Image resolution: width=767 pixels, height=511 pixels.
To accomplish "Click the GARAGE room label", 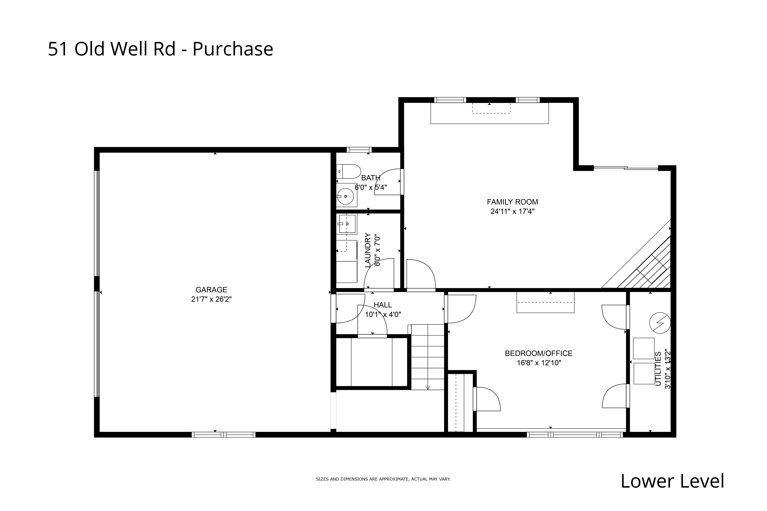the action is pyautogui.click(x=211, y=289).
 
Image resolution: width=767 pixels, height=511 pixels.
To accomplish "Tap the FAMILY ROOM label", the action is pyautogui.click(x=512, y=202).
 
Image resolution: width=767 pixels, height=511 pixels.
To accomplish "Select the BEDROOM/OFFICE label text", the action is pyautogui.click(x=539, y=353).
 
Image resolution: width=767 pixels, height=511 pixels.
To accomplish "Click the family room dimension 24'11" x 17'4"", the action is pyautogui.click(x=512, y=211).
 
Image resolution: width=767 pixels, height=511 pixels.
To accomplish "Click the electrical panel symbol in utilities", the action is pyautogui.click(x=660, y=323).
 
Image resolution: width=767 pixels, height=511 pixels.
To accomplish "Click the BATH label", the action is pyautogui.click(x=371, y=178).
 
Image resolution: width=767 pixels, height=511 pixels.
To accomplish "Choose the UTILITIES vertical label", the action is pyautogui.click(x=658, y=369).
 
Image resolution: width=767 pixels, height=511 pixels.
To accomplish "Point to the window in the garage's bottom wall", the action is pyautogui.click(x=223, y=434).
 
